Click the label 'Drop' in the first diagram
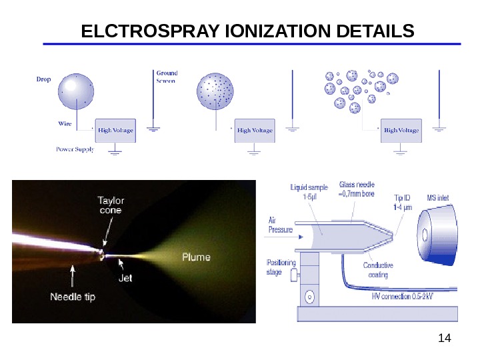pos(43,78)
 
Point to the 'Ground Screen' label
pos(166,77)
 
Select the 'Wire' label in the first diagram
pos(65,123)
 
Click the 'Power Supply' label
pos(73,149)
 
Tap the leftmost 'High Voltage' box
pos(115,131)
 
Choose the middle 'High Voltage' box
pos(255,131)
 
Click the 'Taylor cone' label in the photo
pos(111,204)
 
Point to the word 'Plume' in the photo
pos(197,257)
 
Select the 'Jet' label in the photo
pos(125,278)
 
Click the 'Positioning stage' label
pos(281,267)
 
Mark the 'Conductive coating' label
pos(377,269)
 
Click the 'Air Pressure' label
pos(280,224)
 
